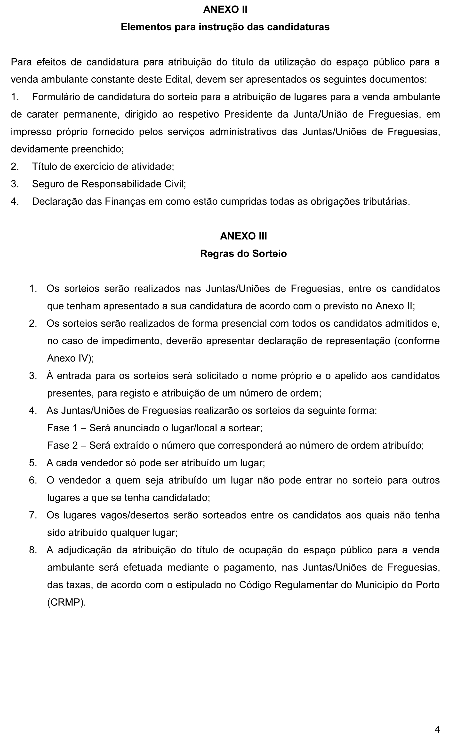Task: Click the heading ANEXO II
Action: pyautogui.click(x=225, y=10)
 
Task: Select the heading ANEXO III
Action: pyautogui.click(x=243, y=236)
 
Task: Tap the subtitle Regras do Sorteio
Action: pyautogui.click(x=243, y=254)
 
